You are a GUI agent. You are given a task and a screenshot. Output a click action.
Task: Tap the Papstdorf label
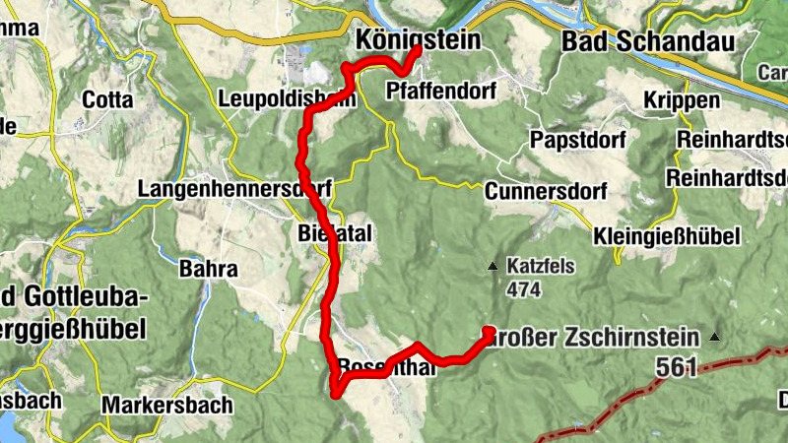coord(578,140)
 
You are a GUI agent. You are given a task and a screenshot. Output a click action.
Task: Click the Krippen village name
coord(676,100)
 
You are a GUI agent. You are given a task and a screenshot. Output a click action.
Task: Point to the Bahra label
coord(208,268)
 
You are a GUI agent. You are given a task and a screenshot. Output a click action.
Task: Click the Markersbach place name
coord(167,405)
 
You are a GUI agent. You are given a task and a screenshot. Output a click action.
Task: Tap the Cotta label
coord(107,99)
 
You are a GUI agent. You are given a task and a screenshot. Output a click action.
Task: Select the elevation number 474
coord(524,289)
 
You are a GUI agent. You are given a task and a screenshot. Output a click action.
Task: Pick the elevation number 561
coord(676,368)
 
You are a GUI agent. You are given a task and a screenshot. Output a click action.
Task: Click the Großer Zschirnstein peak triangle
coord(715,338)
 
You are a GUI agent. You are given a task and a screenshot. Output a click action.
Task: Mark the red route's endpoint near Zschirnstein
coord(488,332)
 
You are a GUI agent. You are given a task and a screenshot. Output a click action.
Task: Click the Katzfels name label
coord(541,266)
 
